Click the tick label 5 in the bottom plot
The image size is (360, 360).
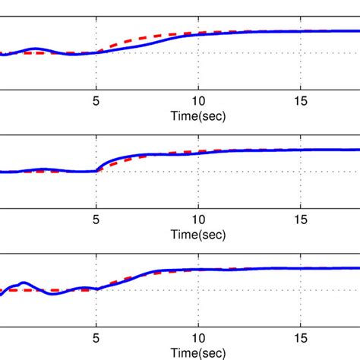tap(96, 338)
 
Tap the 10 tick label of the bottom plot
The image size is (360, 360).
tap(197, 338)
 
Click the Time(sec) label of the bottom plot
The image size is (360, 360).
tap(197, 352)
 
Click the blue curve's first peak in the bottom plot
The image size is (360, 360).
tap(23, 283)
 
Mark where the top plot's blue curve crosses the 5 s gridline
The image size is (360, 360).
tap(96, 52)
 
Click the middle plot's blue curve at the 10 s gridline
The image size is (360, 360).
tap(197, 153)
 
